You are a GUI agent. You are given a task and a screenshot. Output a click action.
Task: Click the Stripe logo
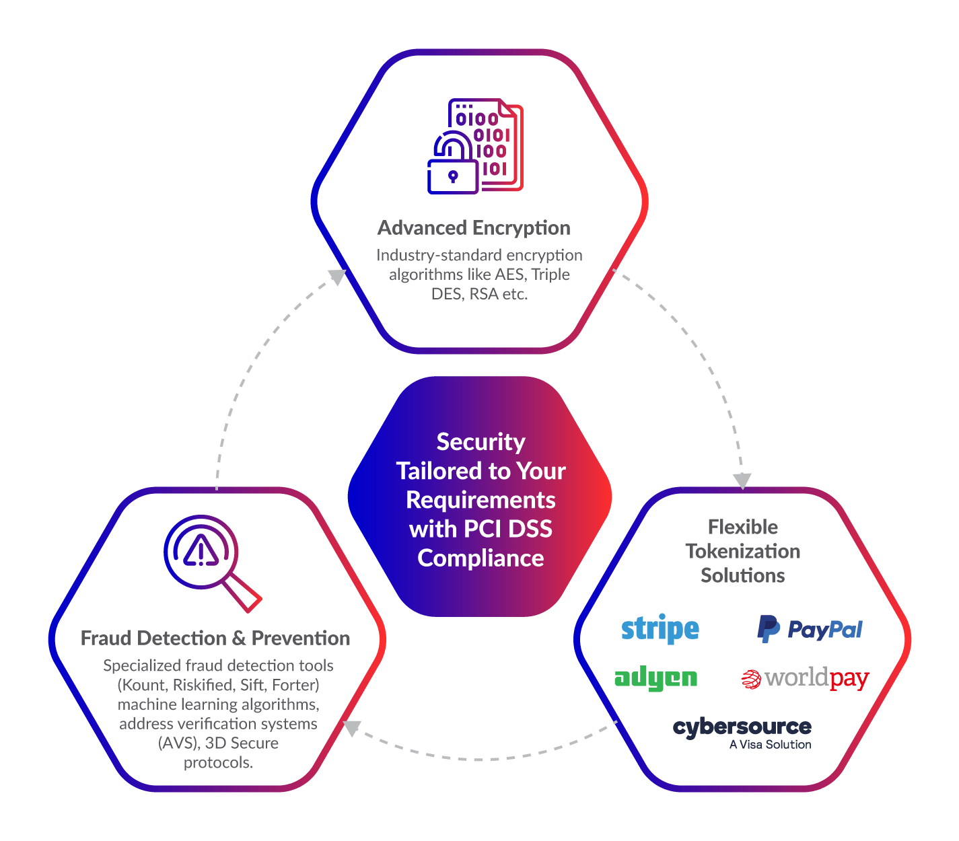660,629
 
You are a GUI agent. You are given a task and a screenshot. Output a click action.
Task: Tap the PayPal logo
810,629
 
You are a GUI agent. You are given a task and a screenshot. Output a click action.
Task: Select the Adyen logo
656,678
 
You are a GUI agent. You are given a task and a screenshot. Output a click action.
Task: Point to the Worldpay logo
805,679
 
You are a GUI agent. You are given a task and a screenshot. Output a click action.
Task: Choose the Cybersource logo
742,728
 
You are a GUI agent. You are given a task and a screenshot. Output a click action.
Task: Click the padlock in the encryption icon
453,176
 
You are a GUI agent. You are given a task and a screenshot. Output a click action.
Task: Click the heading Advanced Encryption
474,228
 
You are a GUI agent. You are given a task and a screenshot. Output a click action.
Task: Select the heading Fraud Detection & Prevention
215,638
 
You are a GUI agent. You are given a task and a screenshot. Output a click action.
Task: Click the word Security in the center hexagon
481,442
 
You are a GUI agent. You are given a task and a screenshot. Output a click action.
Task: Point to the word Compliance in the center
481,558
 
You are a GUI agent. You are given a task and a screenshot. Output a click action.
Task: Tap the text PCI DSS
508,529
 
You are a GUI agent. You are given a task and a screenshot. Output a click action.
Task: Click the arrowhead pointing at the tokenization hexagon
742,480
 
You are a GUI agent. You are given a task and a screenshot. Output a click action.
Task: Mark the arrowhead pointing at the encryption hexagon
336,277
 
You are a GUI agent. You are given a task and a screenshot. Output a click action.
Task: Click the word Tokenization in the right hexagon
743,552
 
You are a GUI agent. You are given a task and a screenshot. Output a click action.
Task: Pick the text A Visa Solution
770,745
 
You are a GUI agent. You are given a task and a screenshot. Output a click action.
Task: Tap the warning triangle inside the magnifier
201,551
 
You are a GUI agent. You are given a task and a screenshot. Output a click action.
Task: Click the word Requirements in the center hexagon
481,501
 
